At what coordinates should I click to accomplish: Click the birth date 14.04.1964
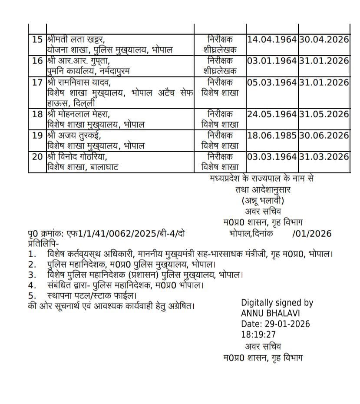tap(272, 40)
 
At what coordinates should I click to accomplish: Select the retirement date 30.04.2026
tap(324, 40)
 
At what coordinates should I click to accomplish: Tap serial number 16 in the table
tap(37, 61)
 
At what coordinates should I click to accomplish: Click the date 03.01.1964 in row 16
tap(272, 61)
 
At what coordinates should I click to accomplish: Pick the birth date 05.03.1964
tap(272, 82)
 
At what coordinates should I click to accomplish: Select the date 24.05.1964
tap(272, 114)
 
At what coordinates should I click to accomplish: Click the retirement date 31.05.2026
tap(324, 114)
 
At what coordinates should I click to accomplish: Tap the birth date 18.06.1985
tap(272, 136)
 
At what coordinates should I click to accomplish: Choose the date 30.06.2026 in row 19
tap(324, 136)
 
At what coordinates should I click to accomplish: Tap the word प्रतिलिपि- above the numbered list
tap(42, 243)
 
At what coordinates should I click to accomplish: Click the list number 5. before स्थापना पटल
tap(32, 296)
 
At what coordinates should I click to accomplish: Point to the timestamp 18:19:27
tap(258, 335)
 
